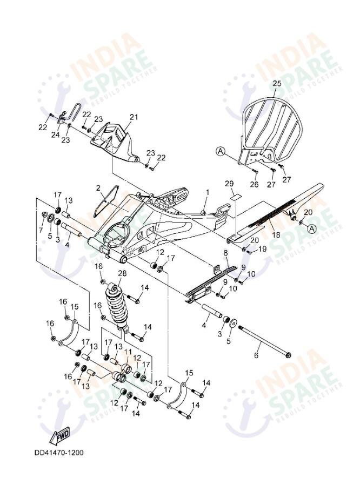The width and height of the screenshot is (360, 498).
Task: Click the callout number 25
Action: pyautogui.click(x=277, y=84)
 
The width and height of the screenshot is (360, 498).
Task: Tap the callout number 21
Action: pyautogui.click(x=134, y=117)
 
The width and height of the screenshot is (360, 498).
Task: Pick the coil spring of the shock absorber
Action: pyautogui.click(x=117, y=305)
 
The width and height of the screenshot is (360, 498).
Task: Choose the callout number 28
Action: pyautogui.click(x=122, y=273)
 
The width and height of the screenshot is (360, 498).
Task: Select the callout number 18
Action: pyautogui.click(x=275, y=235)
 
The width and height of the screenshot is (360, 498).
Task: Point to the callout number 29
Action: pyautogui.click(x=229, y=185)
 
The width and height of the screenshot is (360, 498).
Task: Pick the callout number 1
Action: pyautogui.click(x=206, y=192)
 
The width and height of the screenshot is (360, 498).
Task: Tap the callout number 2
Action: pyautogui.click(x=98, y=189)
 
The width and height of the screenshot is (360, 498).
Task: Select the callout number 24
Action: pyautogui.click(x=55, y=136)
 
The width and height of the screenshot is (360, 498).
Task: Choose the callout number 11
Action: pyautogui.click(x=128, y=352)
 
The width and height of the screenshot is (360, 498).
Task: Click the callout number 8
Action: pyautogui.click(x=225, y=253)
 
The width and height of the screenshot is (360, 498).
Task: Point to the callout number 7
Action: pyautogui.click(x=39, y=230)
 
